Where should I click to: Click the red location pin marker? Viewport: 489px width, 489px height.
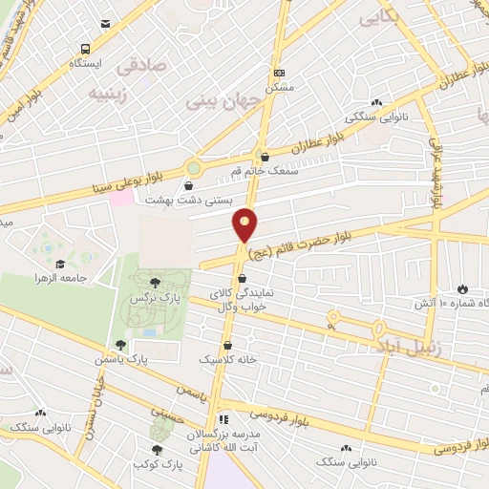click(x=245, y=225)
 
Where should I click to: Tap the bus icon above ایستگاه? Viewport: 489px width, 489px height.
click(x=87, y=49)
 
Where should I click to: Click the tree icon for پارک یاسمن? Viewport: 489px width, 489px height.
click(x=119, y=345)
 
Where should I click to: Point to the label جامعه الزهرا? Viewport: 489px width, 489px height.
click(x=68, y=276)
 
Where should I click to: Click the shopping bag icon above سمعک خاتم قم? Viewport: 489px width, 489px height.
click(x=265, y=157)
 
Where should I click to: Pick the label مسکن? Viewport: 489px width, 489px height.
click(x=279, y=85)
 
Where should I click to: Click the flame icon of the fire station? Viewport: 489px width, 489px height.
click(x=463, y=288)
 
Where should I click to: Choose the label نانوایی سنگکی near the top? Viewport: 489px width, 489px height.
click(x=375, y=117)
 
